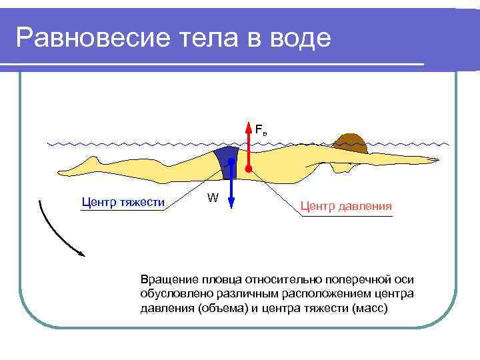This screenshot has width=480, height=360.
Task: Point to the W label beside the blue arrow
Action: point(213,197)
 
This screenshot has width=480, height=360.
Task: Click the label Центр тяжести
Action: point(123,201)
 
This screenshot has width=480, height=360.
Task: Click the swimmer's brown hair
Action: point(350,141)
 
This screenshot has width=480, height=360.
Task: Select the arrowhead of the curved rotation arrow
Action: point(81,253)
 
